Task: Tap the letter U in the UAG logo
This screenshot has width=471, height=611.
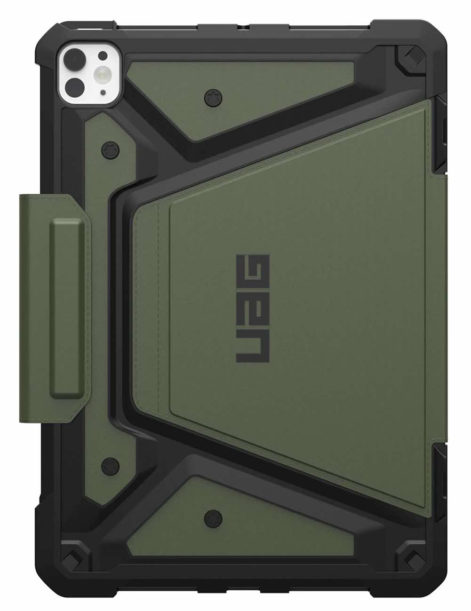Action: point(252,348)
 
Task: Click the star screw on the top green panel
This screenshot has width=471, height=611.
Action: point(211,98)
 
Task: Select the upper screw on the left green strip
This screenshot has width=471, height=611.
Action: point(110,150)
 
